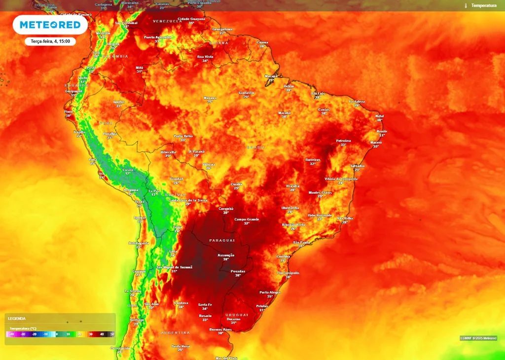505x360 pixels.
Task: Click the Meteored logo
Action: [x=50, y=25]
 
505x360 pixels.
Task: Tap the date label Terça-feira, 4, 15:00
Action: [x=50, y=42]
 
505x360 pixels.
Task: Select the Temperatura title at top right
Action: [x=483, y=5]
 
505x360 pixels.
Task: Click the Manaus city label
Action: [x=210, y=98]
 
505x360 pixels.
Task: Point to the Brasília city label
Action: [x=293, y=186]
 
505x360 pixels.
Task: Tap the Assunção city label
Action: [x=226, y=255]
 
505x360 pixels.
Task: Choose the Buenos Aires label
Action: [x=220, y=329]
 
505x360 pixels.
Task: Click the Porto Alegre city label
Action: [x=270, y=292]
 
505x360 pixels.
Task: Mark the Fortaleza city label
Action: [x=357, y=102]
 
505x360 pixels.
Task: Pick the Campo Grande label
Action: [x=247, y=219]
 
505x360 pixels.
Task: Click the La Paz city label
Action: [x=154, y=190]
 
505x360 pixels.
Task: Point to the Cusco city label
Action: [x=128, y=170]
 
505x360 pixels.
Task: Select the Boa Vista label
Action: [x=205, y=57]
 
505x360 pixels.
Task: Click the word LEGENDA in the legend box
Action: [x=17, y=319]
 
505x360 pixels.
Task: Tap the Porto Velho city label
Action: [x=183, y=136]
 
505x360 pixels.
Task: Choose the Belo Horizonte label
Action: [x=320, y=215]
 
